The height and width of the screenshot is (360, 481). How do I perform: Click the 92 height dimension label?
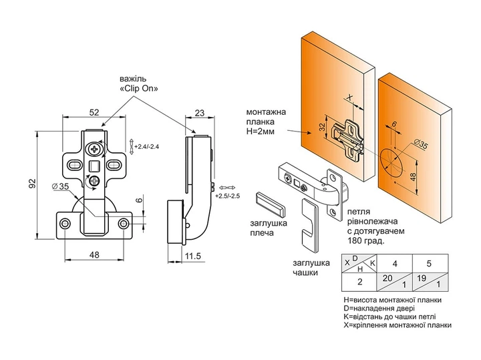[x=33, y=184]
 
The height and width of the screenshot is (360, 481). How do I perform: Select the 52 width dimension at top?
[x=94, y=112]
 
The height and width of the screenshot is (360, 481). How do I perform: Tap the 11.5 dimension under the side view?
[x=193, y=256]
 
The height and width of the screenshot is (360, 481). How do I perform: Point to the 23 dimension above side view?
[x=199, y=113]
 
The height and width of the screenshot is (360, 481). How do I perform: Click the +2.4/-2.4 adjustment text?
[x=146, y=146]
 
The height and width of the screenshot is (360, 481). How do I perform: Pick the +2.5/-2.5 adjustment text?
[x=227, y=196]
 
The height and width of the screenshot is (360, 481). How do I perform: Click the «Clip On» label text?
[x=139, y=89]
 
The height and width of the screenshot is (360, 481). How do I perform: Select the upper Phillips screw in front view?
[x=94, y=150]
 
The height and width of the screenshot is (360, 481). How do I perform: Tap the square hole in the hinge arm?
[x=94, y=166]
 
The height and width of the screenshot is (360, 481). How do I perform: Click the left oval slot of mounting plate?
[x=74, y=165]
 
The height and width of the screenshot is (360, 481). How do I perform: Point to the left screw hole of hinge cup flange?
[x=64, y=223]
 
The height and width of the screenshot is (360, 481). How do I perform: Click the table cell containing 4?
[x=394, y=263]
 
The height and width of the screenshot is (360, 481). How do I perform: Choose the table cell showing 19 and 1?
[x=430, y=281]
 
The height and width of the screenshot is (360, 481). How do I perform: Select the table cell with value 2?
[x=359, y=281]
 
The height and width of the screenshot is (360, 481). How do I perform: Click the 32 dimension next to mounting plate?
[x=322, y=127]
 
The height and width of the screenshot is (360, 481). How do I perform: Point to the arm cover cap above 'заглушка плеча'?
[x=270, y=204]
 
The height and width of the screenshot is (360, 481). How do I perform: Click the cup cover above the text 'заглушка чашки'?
[x=310, y=225]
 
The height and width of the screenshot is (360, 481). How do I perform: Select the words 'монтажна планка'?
[x=266, y=117]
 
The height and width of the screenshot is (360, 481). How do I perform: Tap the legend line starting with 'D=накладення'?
[x=379, y=309]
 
